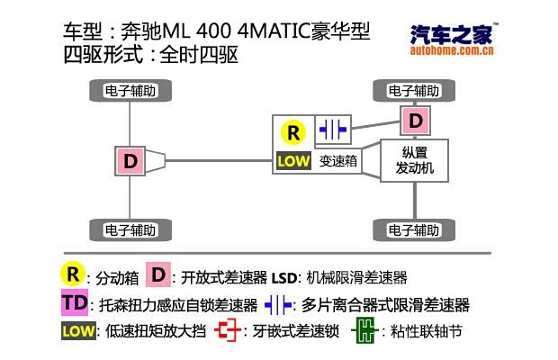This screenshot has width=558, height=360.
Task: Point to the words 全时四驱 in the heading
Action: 199,56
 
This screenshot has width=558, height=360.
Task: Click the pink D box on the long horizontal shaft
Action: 130,161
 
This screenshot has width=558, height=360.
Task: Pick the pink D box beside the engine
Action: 414,120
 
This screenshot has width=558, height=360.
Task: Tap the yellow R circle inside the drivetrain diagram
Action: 292,132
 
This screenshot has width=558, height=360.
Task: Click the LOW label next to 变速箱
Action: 292,161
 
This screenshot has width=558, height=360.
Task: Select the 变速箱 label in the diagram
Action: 337,161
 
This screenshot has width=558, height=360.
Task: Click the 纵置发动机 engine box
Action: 414,160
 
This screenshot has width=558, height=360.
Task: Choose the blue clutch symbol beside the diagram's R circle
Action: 333,130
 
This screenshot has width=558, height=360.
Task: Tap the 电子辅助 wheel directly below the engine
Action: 414,228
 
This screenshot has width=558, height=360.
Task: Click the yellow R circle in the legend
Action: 73,274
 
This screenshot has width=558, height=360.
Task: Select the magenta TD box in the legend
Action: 73,302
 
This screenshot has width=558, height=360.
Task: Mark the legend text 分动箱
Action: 117,276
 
